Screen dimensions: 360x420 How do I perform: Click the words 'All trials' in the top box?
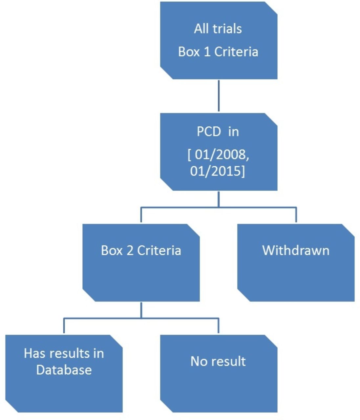click(218, 29)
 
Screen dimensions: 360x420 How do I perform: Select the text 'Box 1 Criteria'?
click(218, 52)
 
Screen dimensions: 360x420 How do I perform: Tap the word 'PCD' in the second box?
click(209, 132)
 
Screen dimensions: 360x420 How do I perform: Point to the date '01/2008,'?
click(222, 155)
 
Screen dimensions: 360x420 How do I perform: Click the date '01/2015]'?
click(218, 171)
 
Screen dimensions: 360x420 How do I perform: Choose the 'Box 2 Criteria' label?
click(141, 250)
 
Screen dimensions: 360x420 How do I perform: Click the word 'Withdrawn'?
click(296, 250)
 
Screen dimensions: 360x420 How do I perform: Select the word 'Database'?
click(64, 370)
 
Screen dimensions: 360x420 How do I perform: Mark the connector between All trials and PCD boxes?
click(219, 96)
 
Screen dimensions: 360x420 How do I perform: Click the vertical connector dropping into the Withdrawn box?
click(296, 215)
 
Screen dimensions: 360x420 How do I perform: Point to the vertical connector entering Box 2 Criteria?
click(141, 215)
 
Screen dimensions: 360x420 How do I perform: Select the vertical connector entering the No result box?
click(219, 325)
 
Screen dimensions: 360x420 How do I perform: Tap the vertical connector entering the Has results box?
click(64, 325)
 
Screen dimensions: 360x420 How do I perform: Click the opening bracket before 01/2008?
click(189, 156)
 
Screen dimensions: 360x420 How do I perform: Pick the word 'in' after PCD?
click(234, 132)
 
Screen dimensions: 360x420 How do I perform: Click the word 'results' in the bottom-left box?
click(70, 353)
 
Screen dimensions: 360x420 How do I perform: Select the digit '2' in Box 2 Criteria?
click(130, 250)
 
